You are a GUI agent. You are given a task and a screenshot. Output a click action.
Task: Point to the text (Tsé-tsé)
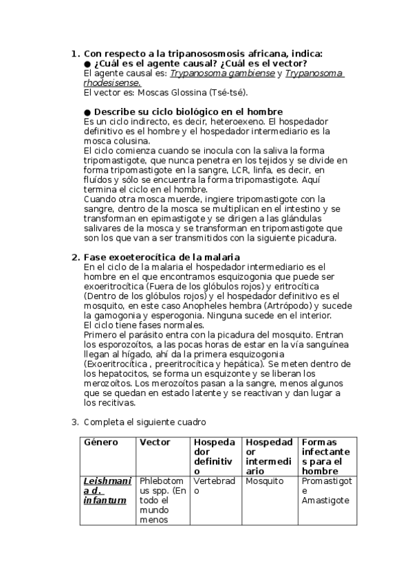(225, 92)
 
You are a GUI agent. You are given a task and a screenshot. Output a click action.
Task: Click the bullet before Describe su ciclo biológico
(87, 111)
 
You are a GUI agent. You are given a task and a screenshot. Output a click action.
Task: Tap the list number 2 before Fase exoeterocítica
(76, 257)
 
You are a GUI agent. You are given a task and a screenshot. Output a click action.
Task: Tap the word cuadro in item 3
(189, 421)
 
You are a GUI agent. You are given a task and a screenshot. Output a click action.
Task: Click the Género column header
(101, 442)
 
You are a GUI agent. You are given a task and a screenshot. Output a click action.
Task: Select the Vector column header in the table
(155, 442)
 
